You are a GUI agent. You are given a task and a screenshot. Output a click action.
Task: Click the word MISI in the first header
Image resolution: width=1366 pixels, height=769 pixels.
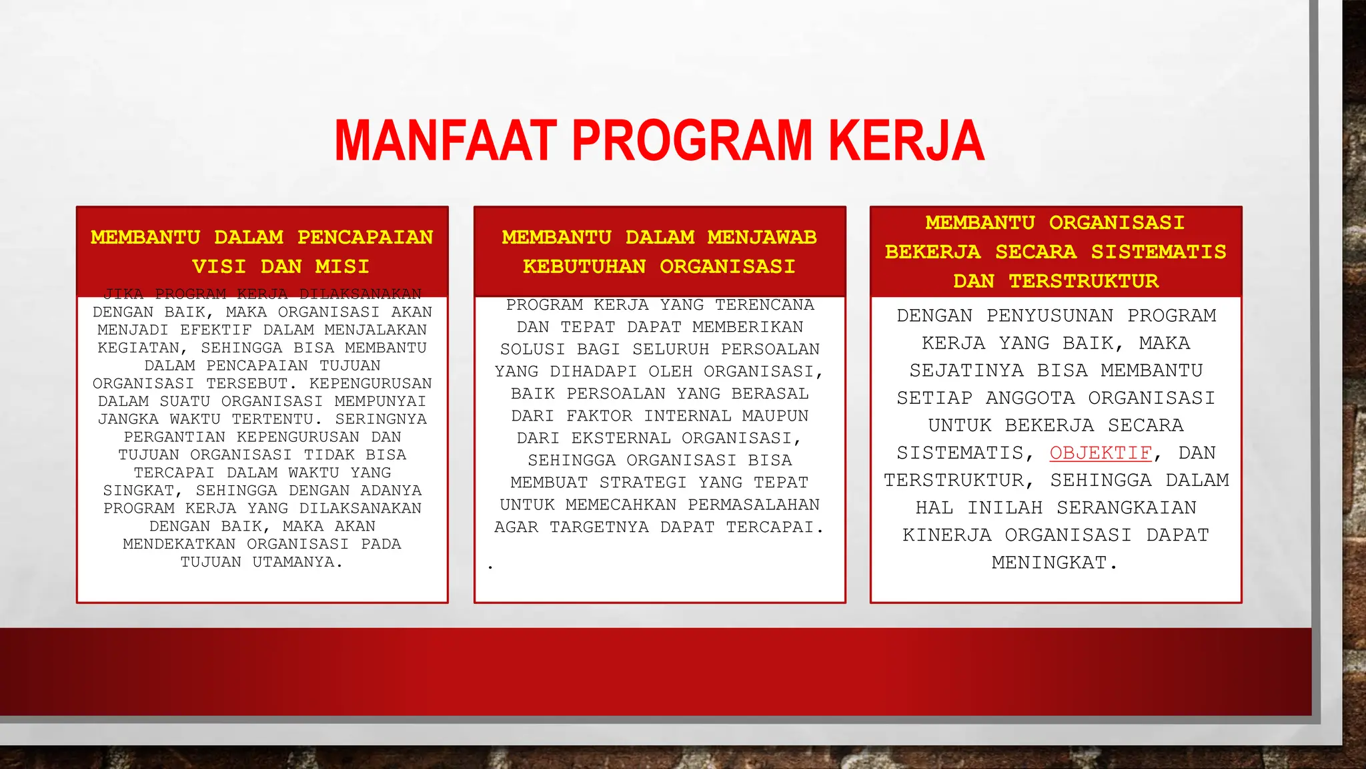[x=342, y=266]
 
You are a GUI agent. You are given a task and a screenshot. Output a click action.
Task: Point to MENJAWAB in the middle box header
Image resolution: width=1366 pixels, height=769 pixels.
[x=762, y=237]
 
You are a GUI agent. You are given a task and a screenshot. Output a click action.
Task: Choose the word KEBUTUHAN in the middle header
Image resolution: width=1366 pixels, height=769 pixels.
[x=584, y=266]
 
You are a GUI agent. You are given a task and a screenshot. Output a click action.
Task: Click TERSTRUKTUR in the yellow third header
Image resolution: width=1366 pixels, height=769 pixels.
[x=1084, y=281]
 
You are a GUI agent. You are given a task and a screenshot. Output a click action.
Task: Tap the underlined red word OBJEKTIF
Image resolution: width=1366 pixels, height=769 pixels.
[x=1101, y=453]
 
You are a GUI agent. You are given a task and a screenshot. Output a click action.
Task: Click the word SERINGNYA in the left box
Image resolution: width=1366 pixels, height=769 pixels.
[x=381, y=419]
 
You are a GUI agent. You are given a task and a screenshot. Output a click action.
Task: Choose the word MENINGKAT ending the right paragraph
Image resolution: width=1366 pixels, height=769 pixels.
[x=1054, y=563]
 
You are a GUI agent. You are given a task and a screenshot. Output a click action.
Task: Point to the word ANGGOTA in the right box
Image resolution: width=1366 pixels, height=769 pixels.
[x=1031, y=398]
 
